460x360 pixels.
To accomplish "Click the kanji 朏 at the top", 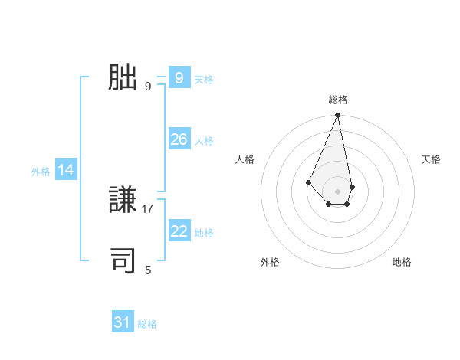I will [123, 77].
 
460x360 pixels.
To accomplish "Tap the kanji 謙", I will [123, 201].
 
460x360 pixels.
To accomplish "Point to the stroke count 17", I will [148, 208].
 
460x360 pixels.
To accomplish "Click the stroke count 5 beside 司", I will [148, 270].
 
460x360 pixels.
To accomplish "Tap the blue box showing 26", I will [179, 139].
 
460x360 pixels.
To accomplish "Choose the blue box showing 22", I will [179, 231].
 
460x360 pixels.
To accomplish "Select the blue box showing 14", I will [66, 170].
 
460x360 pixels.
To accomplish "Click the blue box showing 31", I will [122, 322].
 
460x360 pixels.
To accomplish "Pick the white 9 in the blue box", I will [179, 77].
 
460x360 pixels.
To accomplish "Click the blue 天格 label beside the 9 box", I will [204, 80].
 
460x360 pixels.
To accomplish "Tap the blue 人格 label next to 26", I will [204, 141].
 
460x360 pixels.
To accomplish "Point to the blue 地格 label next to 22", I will [204, 233].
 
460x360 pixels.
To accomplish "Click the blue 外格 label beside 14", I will [41, 172].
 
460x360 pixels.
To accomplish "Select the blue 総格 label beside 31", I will [147, 325].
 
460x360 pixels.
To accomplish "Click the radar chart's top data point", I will [337, 116].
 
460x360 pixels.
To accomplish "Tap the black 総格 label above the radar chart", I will [337, 100].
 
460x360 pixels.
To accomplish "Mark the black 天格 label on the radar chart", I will [431, 159].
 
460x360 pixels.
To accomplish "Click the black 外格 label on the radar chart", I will [270, 262].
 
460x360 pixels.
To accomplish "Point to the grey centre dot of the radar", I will [337, 191].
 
